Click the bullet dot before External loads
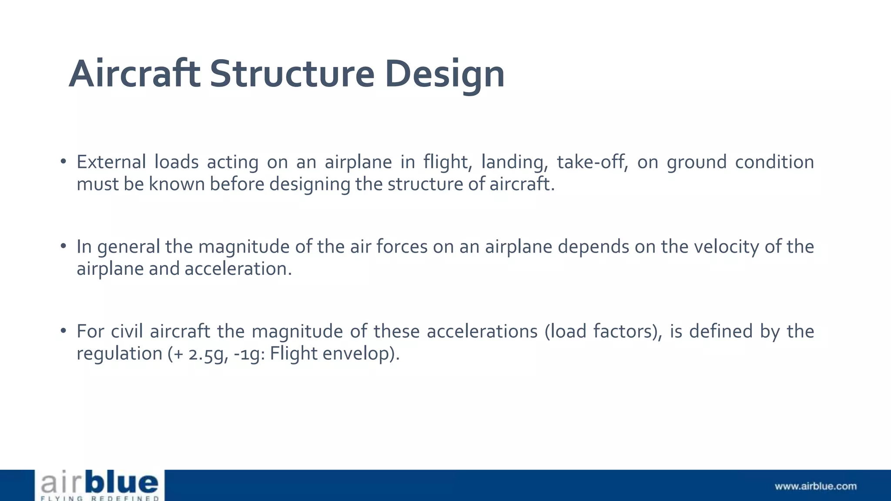pos(64,162)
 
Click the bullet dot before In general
pos(64,247)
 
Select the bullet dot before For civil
pos(64,331)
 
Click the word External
pos(111,162)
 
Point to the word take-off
pos(592,162)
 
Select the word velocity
pos(726,247)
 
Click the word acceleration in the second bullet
pos(238,269)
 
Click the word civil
pos(127,331)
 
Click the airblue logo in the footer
pos(100,485)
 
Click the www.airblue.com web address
pos(815,486)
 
